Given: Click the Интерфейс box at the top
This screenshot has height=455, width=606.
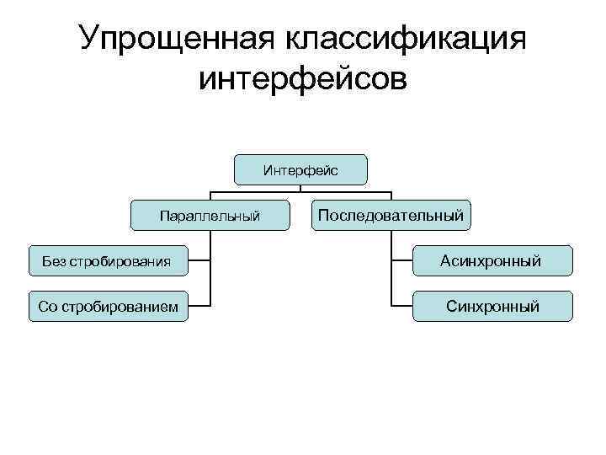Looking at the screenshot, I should click(x=300, y=170).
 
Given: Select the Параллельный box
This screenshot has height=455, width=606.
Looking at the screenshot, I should click(x=210, y=217).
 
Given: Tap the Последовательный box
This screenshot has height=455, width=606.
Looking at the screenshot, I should click(x=391, y=216).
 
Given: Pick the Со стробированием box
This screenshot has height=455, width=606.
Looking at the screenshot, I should click(x=108, y=307).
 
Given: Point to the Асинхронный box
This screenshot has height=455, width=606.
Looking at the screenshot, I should click(x=492, y=261).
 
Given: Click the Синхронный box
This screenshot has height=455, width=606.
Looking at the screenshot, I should click(x=492, y=307).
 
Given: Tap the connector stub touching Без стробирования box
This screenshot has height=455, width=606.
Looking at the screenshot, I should click(x=199, y=261).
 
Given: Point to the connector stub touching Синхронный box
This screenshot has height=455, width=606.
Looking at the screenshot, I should click(x=401, y=307).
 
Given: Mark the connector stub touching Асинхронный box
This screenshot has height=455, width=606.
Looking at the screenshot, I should click(x=401, y=261).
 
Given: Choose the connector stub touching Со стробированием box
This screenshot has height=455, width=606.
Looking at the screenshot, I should click(x=199, y=307).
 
